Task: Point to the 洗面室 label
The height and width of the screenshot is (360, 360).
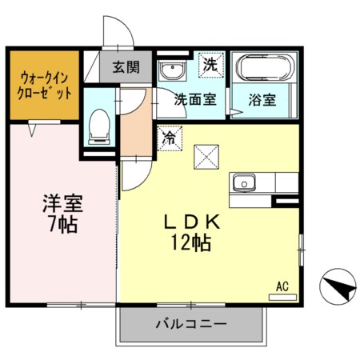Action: click(x=195, y=101)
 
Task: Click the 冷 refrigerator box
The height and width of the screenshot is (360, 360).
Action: click(x=169, y=137)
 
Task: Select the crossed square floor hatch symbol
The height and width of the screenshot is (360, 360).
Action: click(x=207, y=156)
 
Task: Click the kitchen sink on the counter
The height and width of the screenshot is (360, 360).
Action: click(x=243, y=182)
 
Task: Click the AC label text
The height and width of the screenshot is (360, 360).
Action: click(x=282, y=286)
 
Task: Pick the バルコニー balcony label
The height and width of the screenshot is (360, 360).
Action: click(x=190, y=324)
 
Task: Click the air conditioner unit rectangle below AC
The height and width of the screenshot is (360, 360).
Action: click(x=282, y=296)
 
